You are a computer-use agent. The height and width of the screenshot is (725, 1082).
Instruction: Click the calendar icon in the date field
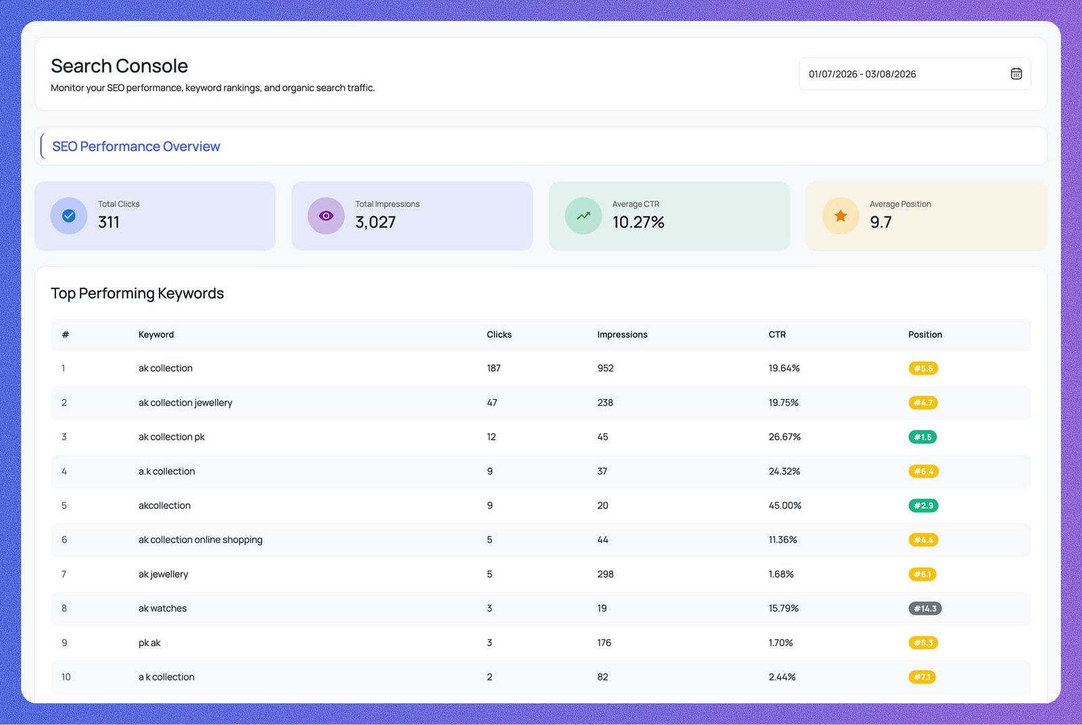coord(1016,74)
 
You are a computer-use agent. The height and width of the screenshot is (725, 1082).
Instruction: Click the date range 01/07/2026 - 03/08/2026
coord(862,74)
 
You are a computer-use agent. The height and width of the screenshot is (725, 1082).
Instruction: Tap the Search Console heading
coord(119,66)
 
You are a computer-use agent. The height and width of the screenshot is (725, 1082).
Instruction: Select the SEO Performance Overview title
coord(136,147)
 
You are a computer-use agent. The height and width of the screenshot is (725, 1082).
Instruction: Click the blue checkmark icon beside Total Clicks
coord(69,216)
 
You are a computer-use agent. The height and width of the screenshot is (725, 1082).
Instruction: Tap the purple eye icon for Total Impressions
coord(326,216)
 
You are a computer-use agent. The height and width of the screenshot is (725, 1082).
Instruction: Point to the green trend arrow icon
coord(583,216)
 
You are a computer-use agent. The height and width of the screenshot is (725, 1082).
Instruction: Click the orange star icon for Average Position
coord(841,216)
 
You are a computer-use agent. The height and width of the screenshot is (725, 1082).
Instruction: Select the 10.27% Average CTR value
coord(638,223)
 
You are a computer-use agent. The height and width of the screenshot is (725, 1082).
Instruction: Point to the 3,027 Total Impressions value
coord(375,223)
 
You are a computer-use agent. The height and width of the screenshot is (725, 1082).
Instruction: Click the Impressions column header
coord(622,335)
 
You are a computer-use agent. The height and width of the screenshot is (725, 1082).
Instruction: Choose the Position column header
coord(925,335)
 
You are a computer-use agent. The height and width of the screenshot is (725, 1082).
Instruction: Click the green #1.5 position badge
coord(922,437)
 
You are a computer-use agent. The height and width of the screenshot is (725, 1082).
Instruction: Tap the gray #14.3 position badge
coord(924,609)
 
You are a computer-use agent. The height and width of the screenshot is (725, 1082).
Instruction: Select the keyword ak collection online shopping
coord(200,540)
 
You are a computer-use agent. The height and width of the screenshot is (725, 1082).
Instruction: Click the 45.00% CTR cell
coord(784,505)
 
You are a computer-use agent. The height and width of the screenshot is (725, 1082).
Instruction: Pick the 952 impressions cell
coord(605,369)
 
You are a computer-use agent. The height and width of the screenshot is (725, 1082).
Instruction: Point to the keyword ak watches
coord(162,609)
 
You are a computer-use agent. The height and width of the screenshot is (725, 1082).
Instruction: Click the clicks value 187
coord(494,369)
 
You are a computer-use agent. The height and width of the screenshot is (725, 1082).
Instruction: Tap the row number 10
coord(66,677)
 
